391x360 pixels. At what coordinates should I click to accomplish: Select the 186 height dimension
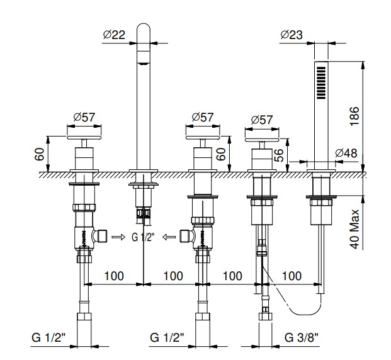point(354,114)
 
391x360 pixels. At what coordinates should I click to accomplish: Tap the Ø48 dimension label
point(347,153)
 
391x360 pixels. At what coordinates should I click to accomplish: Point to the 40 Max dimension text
point(354,229)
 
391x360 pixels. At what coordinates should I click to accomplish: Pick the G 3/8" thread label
point(301,338)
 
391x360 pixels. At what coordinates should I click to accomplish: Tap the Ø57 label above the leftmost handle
point(84,117)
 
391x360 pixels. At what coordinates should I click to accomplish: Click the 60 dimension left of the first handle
point(39,154)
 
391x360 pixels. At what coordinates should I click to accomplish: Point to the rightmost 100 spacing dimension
point(292,276)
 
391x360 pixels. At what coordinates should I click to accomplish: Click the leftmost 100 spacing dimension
point(114,276)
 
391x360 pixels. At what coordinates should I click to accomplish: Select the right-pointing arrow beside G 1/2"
point(118,237)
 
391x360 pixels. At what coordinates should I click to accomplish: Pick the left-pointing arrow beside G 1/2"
point(169,237)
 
